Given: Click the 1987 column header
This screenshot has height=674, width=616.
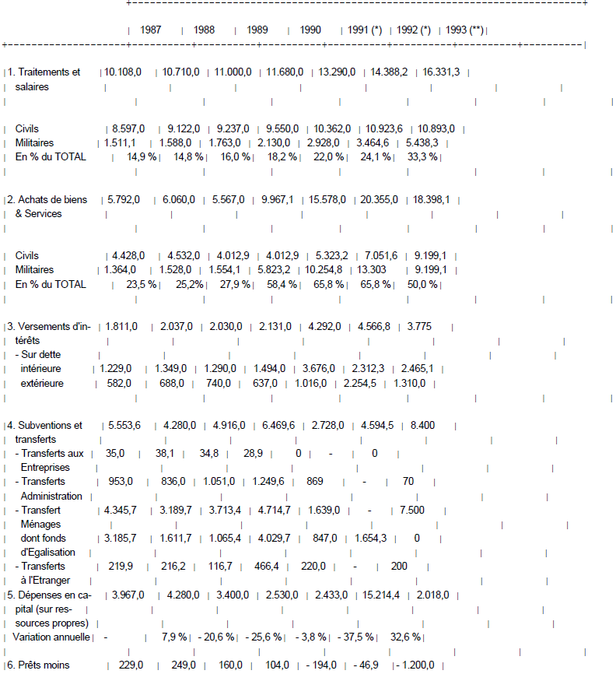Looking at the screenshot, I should (x=151, y=30).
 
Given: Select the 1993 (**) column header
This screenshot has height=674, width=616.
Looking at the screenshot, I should (x=465, y=30).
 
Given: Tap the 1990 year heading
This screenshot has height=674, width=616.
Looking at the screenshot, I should (x=310, y=30).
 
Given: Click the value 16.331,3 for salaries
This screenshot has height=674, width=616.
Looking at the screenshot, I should (x=441, y=72).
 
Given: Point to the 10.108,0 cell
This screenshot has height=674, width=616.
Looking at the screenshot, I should (x=123, y=72).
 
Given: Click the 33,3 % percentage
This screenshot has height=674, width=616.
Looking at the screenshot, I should (x=422, y=156).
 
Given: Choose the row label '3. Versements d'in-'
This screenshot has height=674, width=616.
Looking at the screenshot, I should (x=50, y=326).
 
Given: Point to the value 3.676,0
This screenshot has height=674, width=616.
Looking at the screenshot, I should (x=329, y=368).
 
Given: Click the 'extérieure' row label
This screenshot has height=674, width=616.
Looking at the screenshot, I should (x=42, y=383).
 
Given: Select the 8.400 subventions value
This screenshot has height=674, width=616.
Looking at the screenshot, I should (x=422, y=425).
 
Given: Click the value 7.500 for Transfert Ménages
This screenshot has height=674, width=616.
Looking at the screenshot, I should (x=412, y=510).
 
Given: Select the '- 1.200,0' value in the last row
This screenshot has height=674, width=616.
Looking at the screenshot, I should (x=418, y=665).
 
